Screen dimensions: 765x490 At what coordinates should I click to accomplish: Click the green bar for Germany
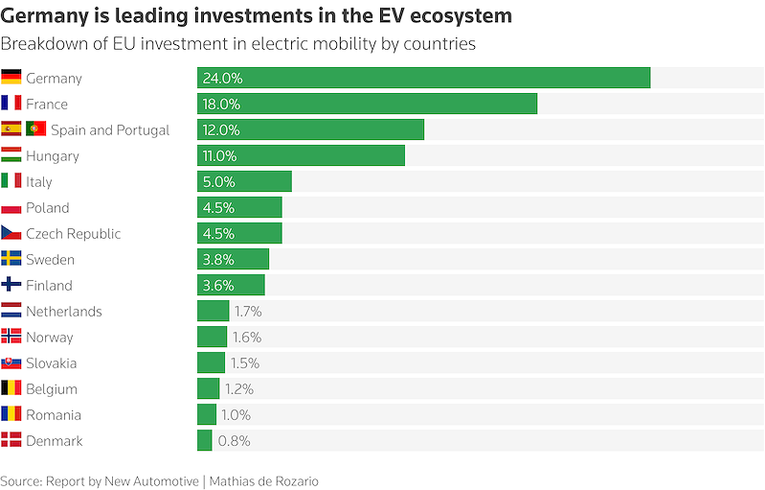coord(423,78)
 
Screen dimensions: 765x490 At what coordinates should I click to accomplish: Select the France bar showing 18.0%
coord(367,104)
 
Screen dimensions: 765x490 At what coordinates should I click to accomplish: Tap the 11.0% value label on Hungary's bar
coord(219,156)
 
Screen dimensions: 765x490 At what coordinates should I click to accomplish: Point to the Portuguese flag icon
coord(36,128)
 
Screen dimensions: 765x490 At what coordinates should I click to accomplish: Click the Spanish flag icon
coord(11,128)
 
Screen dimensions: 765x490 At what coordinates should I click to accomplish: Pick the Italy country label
coord(39,182)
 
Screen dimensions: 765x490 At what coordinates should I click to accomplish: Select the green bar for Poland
coord(239,207)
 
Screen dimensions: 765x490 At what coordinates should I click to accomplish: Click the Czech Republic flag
coord(11,233)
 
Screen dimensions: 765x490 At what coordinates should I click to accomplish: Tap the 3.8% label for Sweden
coord(218,260)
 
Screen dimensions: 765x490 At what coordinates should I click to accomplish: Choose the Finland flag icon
coord(11,284)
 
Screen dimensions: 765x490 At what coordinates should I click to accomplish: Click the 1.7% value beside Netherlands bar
coord(248,312)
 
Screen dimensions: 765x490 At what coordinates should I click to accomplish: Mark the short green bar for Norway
coord(213,337)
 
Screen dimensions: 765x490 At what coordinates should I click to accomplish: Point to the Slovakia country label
coord(52,363)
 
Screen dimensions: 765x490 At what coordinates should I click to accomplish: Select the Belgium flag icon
coord(11,388)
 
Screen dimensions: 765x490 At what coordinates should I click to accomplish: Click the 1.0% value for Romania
coord(236,415)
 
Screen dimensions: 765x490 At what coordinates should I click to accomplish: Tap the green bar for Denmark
coord(205,440)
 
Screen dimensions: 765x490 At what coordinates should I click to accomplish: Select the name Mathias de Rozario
coord(264,481)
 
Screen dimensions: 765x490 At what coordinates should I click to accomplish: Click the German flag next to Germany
coord(11,77)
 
